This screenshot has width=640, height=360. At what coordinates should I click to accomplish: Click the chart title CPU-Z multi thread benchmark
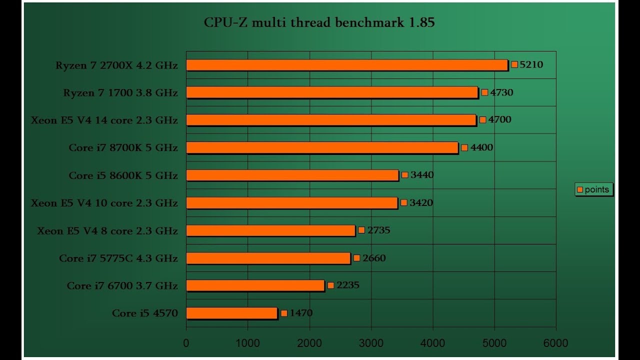(x=319, y=22)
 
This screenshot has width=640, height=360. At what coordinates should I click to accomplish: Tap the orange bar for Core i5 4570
(x=231, y=313)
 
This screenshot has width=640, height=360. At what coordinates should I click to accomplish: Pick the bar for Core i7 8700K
(x=322, y=147)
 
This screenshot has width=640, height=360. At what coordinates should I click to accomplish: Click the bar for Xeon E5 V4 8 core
(x=270, y=230)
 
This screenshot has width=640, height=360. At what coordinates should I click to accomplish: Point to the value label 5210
(x=531, y=64)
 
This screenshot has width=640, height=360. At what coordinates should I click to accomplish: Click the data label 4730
(x=501, y=92)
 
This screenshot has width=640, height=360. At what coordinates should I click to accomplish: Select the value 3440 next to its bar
(x=422, y=175)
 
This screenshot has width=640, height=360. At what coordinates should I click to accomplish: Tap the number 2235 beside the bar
(x=348, y=285)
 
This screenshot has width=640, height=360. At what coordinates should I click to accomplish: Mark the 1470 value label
(x=301, y=313)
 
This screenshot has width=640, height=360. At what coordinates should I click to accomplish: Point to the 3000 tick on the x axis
(x=371, y=343)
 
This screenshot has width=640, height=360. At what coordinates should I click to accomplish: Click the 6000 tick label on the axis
(x=556, y=343)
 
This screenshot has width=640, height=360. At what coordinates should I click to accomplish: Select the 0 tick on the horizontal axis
(x=186, y=343)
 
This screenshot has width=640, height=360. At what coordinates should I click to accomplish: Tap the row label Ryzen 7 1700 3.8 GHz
(x=120, y=92)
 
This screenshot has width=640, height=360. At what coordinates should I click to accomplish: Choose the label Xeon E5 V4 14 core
(x=104, y=120)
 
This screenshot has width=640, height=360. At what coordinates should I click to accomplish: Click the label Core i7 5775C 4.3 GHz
(x=118, y=258)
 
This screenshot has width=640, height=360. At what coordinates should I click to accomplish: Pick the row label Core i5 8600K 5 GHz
(x=123, y=175)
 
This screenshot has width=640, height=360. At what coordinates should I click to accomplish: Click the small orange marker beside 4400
(x=464, y=147)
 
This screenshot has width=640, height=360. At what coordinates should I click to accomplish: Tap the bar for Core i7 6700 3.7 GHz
(x=255, y=285)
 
